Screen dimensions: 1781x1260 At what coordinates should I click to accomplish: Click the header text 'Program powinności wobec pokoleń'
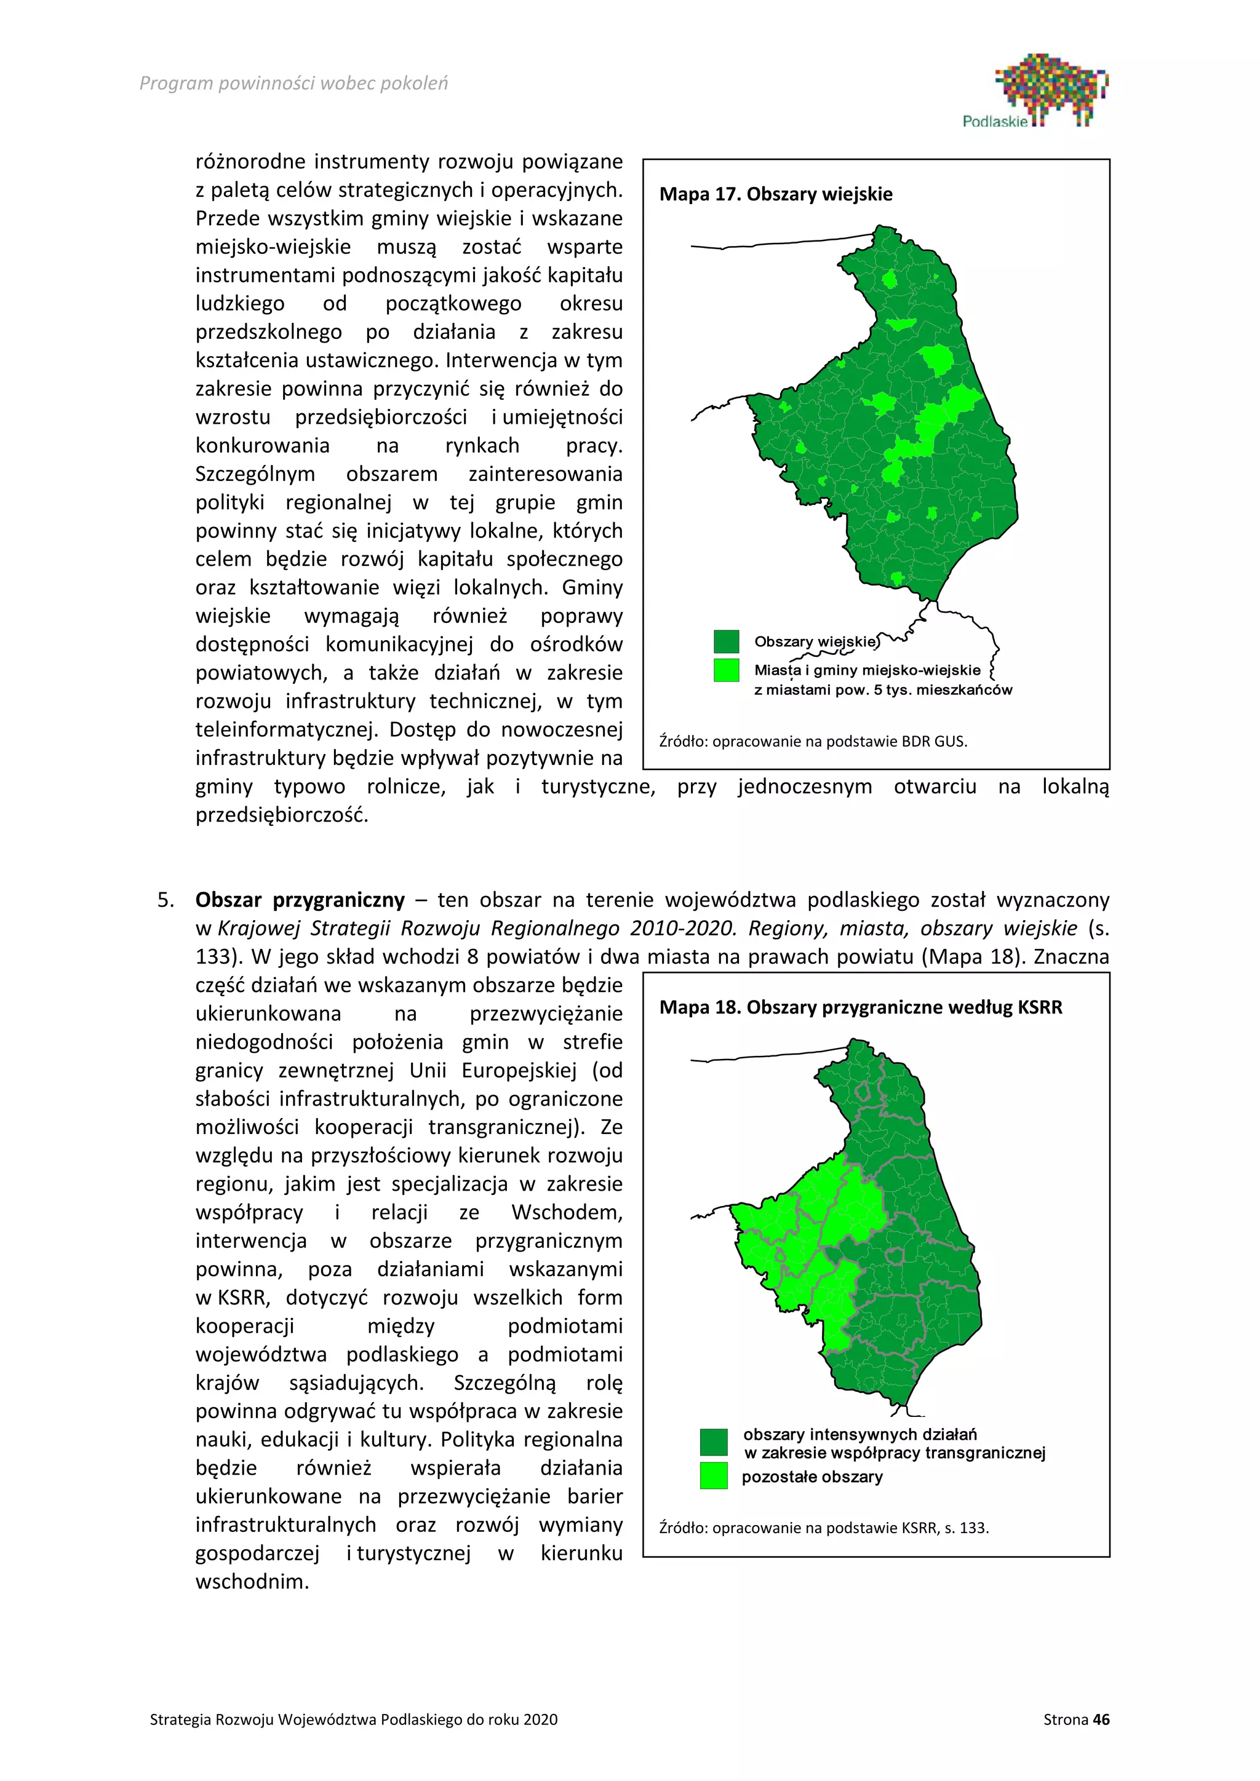(x=293, y=84)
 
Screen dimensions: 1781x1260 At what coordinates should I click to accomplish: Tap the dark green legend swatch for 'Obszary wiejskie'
(x=726, y=641)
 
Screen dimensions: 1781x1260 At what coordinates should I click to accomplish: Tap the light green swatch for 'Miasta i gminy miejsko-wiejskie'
(x=726, y=670)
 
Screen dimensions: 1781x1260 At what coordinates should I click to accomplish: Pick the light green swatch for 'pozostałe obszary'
(x=713, y=1475)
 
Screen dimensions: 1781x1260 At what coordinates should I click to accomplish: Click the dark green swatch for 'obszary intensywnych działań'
(x=713, y=1442)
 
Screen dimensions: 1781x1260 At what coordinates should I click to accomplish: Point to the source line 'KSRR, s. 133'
(x=824, y=1528)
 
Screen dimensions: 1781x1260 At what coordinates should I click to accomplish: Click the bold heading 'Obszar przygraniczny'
(x=300, y=900)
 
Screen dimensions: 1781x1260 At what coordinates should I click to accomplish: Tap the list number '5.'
(x=166, y=900)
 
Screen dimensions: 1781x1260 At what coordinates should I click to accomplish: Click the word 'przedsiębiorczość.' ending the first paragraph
(x=282, y=815)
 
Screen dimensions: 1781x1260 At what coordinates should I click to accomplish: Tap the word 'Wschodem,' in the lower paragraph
(x=567, y=1212)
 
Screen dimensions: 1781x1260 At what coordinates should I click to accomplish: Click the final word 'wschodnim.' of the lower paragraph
(x=252, y=1582)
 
